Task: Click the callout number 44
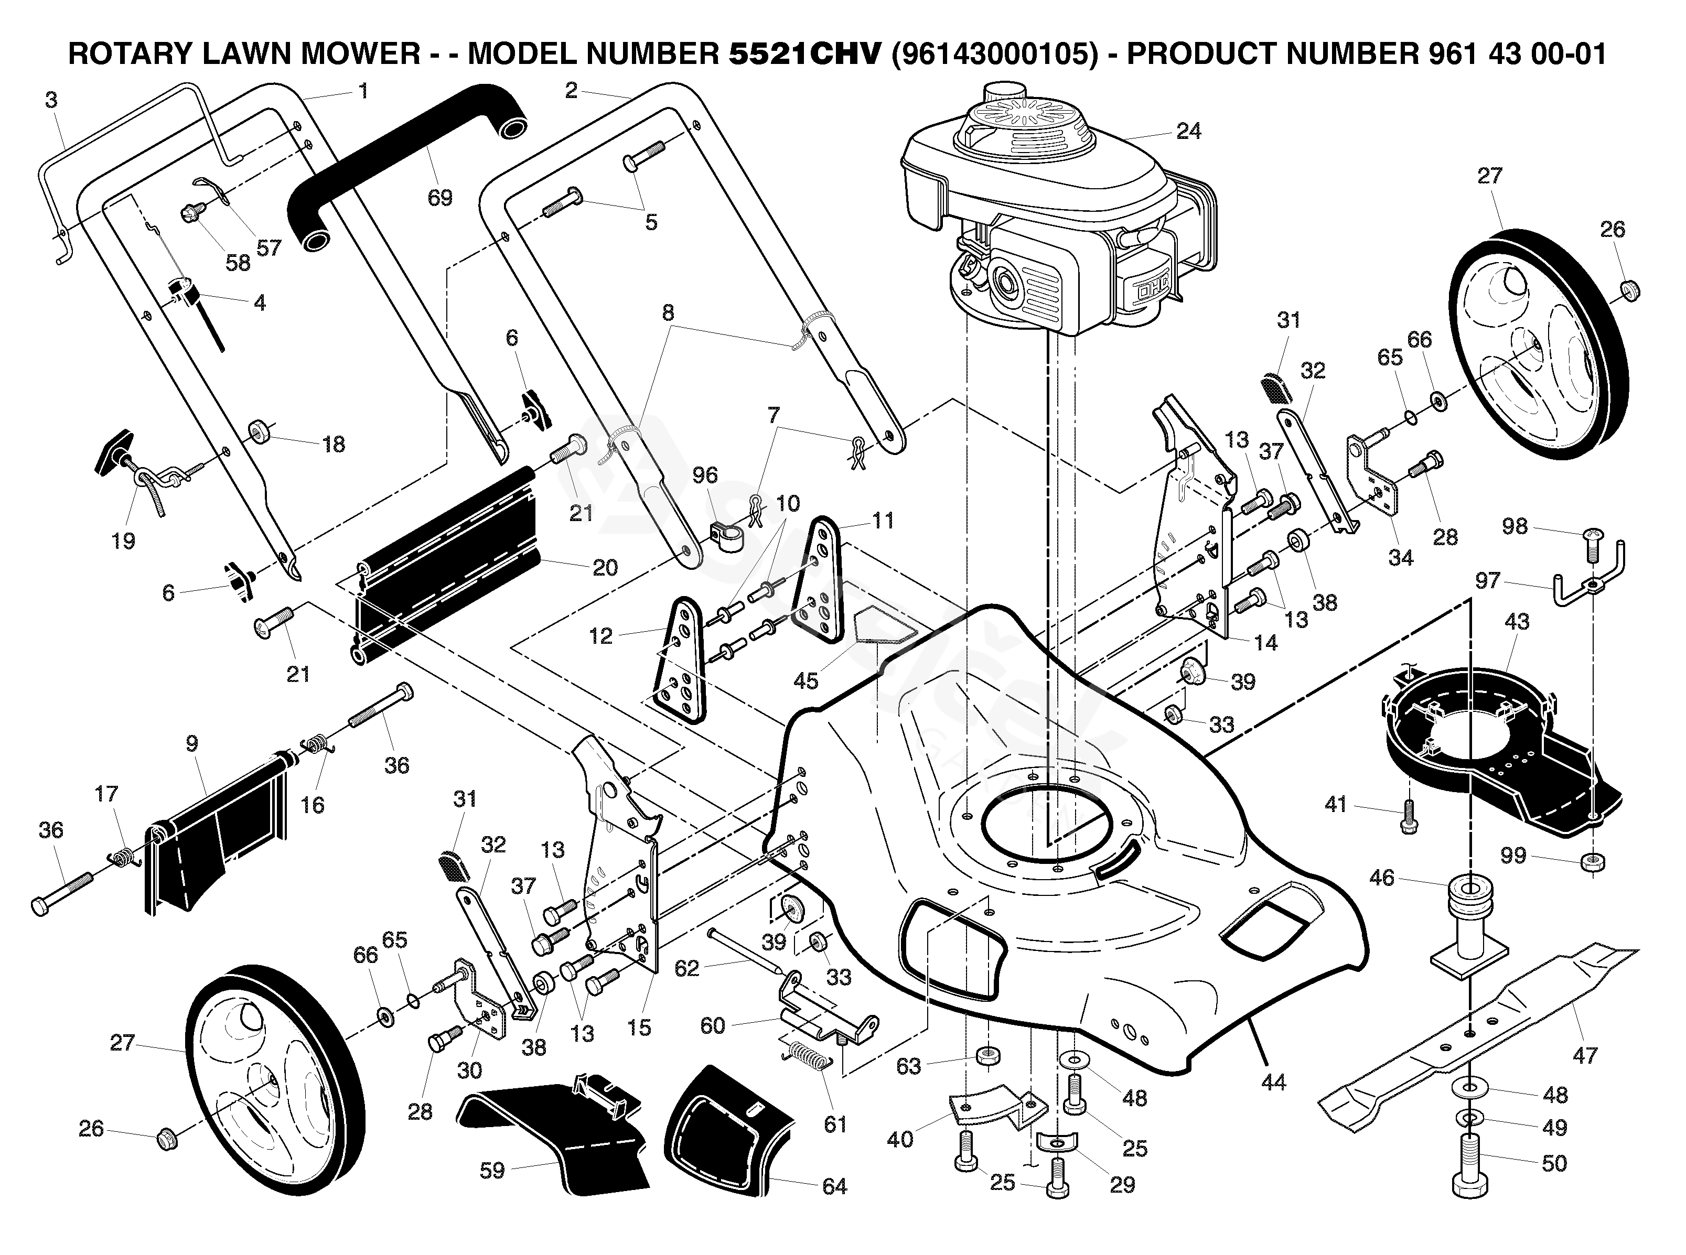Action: coord(1273,1082)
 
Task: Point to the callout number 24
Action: coord(1188,132)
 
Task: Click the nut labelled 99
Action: coord(1593,863)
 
